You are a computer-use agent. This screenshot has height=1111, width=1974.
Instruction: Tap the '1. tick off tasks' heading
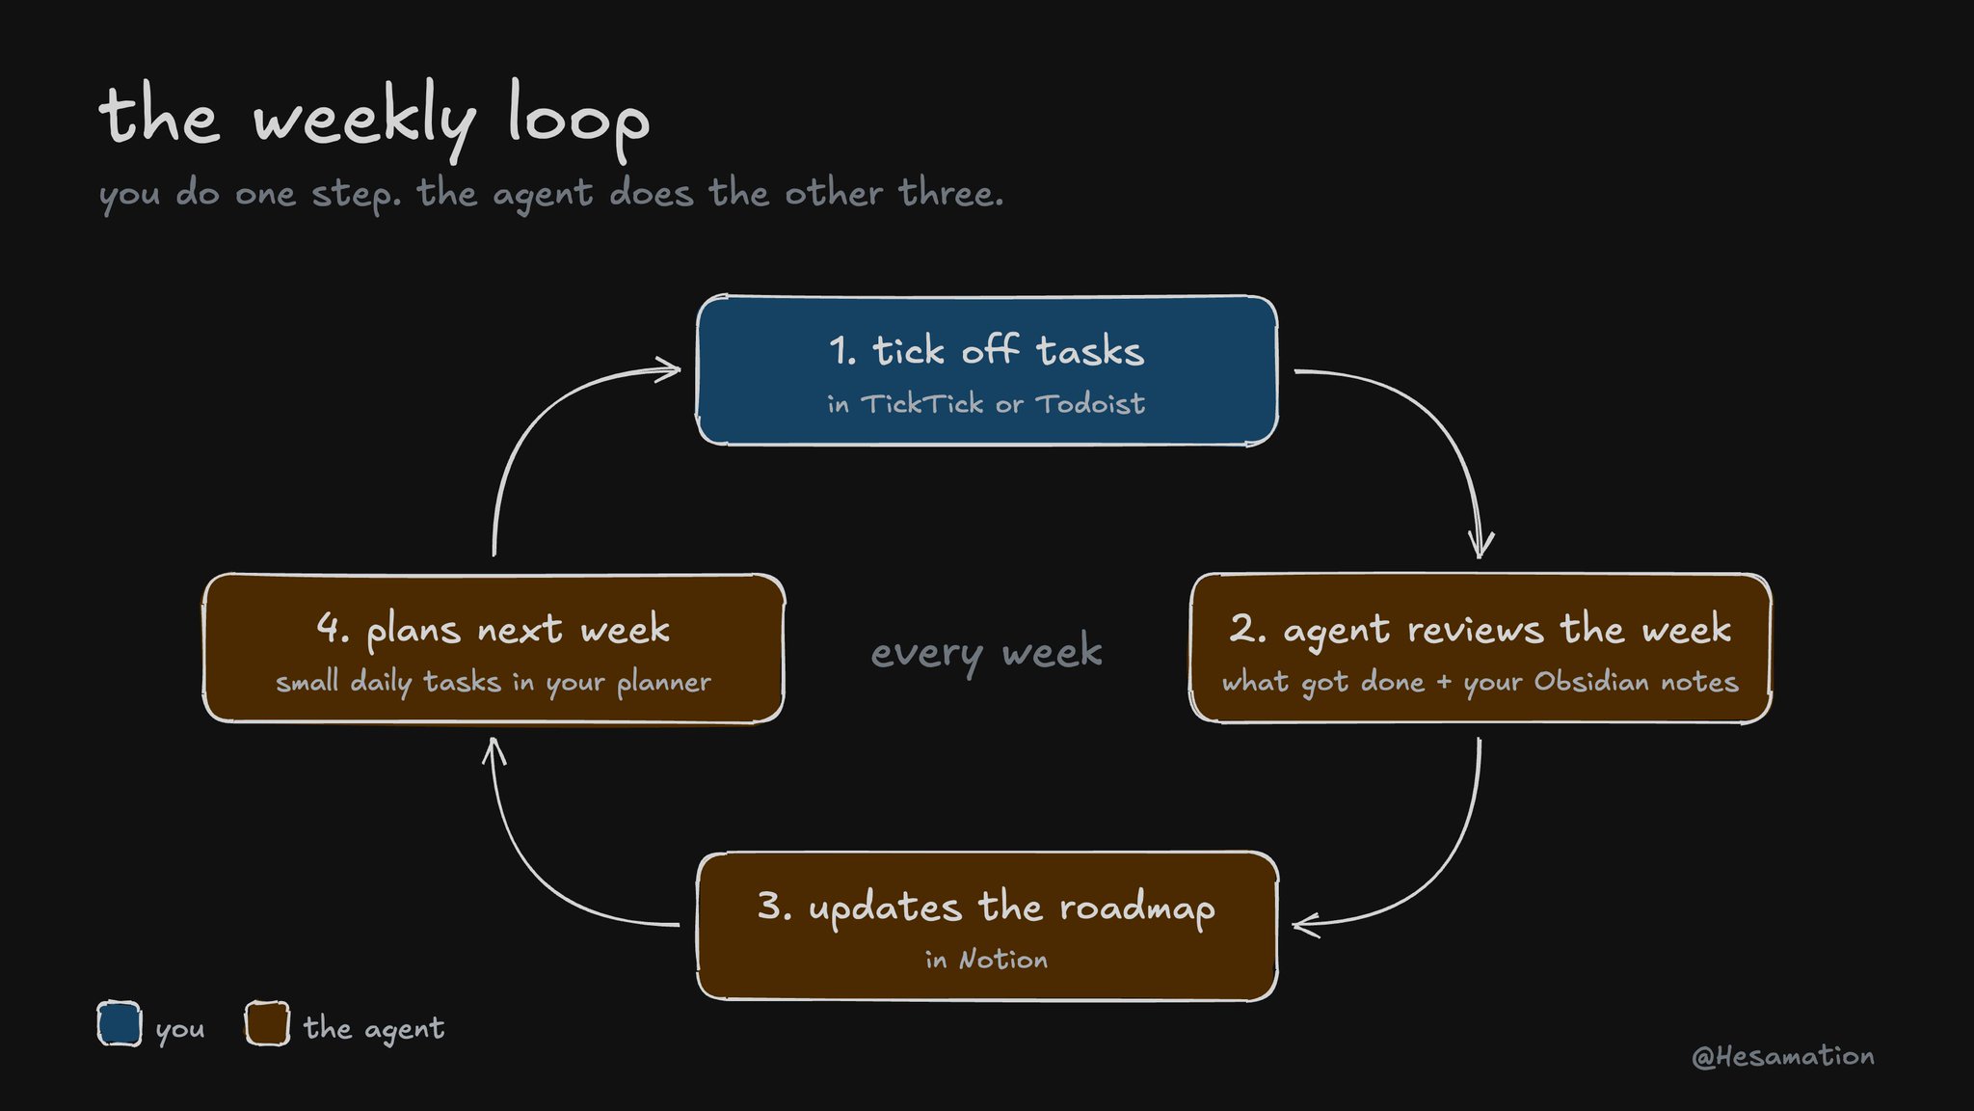click(x=986, y=350)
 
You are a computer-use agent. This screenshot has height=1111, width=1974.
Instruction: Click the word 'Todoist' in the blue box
click(x=1090, y=403)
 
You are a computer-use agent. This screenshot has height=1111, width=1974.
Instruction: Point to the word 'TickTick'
click(x=921, y=403)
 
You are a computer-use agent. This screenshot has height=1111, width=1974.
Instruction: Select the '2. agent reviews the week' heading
click(x=1480, y=630)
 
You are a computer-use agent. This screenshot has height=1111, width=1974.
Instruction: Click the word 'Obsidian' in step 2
click(x=1591, y=682)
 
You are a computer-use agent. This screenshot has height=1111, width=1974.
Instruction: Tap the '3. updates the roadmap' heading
click(x=986, y=908)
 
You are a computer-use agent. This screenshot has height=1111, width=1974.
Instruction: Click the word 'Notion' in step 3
click(x=1003, y=960)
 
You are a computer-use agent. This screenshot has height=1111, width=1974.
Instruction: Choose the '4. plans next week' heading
click(x=493, y=630)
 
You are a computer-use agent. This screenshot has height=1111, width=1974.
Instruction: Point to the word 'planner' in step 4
click(x=664, y=683)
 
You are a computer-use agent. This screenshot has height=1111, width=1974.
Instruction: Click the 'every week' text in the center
click(x=986, y=653)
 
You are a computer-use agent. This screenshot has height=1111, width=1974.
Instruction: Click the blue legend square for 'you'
click(x=120, y=1023)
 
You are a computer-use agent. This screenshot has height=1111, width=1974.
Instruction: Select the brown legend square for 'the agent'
click(x=267, y=1023)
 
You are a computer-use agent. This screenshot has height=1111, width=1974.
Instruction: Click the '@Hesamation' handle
click(x=1783, y=1057)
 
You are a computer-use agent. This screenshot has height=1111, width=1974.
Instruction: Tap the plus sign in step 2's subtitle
click(x=1444, y=683)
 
